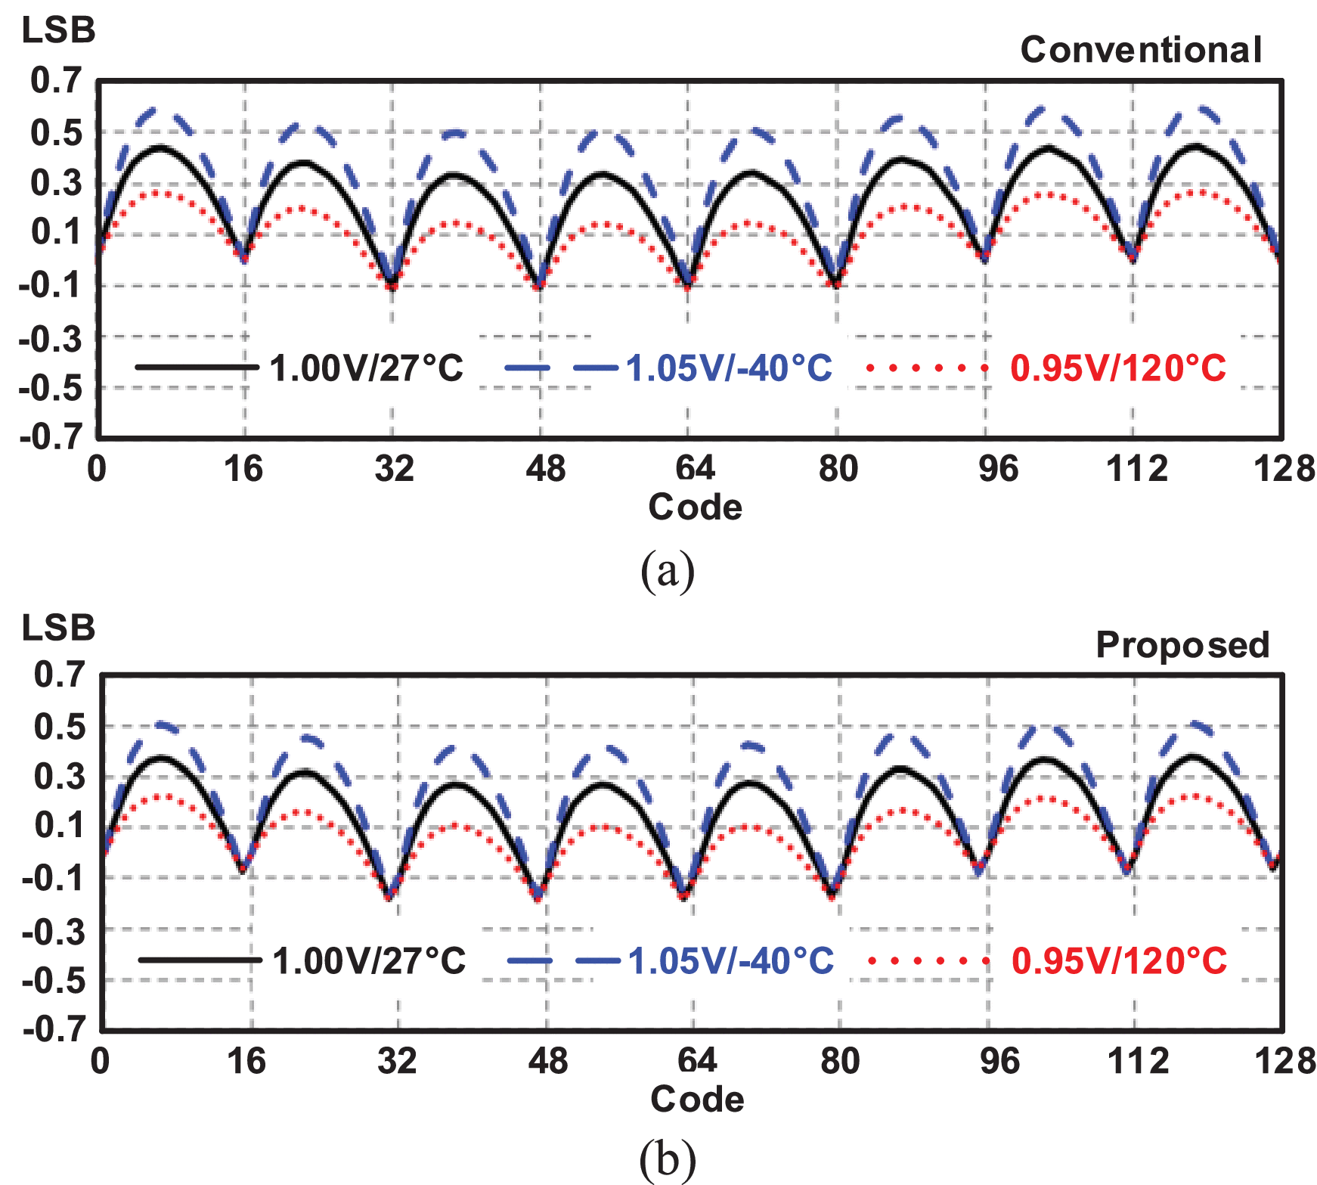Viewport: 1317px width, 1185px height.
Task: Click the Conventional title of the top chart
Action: click(1141, 50)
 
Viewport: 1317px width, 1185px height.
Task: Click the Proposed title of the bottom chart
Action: click(1182, 645)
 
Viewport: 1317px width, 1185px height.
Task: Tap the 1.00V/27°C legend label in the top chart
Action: click(366, 368)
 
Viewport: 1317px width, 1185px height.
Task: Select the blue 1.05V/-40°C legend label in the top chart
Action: click(729, 368)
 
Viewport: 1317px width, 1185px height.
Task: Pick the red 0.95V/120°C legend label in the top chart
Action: click(1118, 368)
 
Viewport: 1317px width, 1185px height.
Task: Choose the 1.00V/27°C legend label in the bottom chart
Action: click(369, 961)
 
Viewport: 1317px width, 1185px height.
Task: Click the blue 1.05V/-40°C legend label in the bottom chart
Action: click(731, 961)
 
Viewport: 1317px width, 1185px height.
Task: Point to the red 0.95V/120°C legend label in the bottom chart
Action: click(1120, 961)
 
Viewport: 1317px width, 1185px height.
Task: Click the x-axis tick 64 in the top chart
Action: click(695, 469)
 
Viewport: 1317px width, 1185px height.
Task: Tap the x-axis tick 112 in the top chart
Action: click(1136, 469)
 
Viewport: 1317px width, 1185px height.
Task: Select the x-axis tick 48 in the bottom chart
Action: click(547, 1062)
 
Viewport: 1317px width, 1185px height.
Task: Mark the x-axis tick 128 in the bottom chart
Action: click(1284, 1062)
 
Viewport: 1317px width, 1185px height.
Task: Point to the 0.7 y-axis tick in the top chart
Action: click(55, 80)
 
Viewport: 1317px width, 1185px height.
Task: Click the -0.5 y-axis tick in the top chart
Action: click(49, 389)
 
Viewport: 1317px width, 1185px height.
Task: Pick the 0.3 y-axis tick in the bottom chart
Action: click(59, 777)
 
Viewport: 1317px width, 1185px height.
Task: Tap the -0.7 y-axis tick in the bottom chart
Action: click(53, 1029)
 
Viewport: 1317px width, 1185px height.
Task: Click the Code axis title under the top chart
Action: click(695, 507)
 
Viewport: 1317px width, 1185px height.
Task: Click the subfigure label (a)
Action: click(667, 571)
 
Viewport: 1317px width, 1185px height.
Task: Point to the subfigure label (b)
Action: click(667, 1160)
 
